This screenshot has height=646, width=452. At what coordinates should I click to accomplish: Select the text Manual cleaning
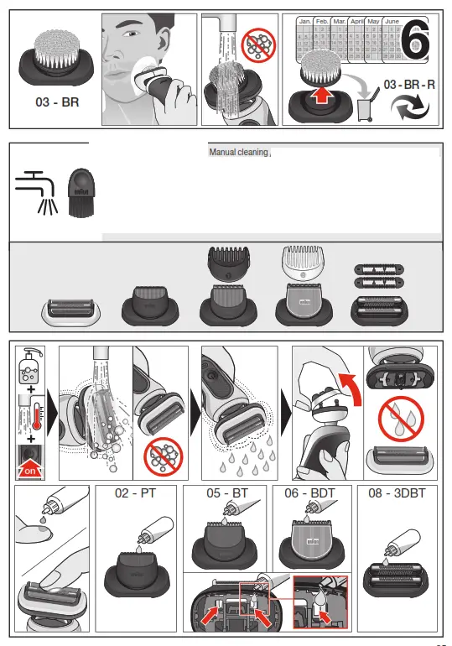tap(238, 153)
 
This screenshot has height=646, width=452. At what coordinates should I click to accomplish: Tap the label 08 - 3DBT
tap(397, 493)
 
